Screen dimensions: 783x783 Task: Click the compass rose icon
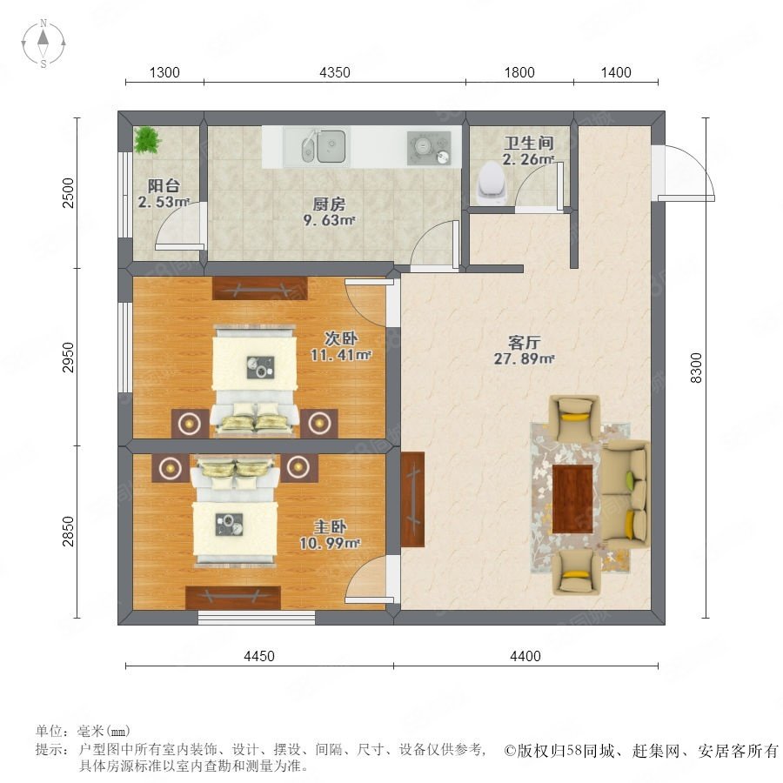pyautogui.click(x=43, y=43)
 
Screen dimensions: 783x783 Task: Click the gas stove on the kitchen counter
pyautogui.click(x=429, y=148)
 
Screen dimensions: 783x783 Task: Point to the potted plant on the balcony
pyautogui.click(x=147, y=139)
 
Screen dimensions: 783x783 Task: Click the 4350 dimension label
pyautogui.click(x=335, y=72)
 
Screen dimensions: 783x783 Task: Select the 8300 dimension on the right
pyautogui.click(x=696, y=368)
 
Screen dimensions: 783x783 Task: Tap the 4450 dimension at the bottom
pyautogui.click(x=259, y=656)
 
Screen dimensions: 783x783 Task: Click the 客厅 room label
pyautogui.click(x=524, y=342)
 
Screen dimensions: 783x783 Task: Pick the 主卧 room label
pyautogui.click(x=330, y=526)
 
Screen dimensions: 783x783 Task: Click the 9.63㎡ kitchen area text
pyautogui.click(x=329, y=220)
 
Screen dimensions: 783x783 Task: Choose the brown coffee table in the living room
pyautogui.click(x=572, y=499)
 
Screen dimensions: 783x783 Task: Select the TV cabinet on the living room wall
pyautogui.click(x=412, y=499)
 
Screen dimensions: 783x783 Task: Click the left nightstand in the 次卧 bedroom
pyautogui.click(x=190, y=424)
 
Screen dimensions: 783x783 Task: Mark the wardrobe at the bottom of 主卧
pyautogui.click(x=232, y=597)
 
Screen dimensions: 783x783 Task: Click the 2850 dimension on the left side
pyautogui.click(x=69, y=532)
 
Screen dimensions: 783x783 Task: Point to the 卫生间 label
pyautogui.click(x=529, y=143)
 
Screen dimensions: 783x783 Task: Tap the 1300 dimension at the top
pyautogui.click(x=164, y=72)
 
